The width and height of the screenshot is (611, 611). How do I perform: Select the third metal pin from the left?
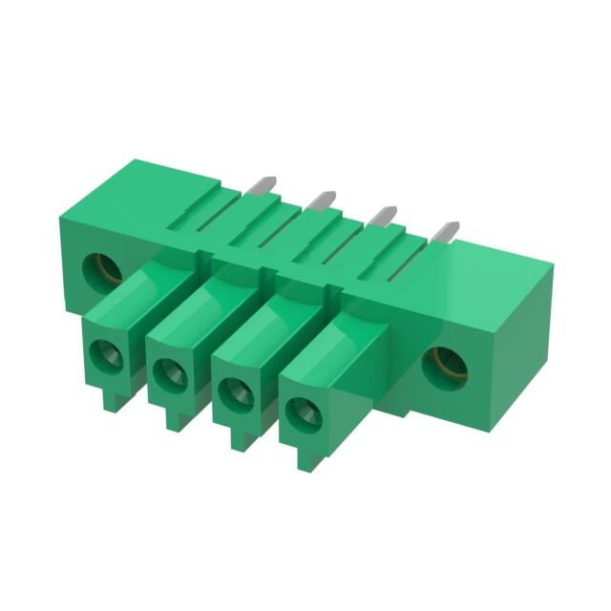click(384, 216)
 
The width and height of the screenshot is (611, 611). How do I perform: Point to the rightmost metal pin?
click(445, 232)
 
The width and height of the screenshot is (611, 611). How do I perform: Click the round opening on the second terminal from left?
click(169, 374)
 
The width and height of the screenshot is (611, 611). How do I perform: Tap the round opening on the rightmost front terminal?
click(304, 412)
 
